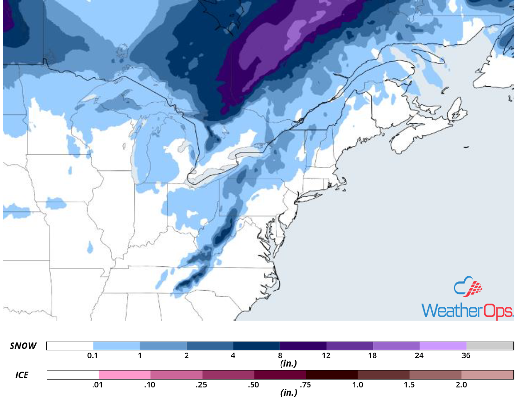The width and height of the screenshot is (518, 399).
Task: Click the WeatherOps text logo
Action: [x=467, y=310]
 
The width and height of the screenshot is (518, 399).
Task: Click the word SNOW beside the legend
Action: [x=23, y=346]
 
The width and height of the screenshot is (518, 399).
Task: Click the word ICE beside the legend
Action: [x=20, y=375]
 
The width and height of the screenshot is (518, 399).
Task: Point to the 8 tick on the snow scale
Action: [x=280, y=355]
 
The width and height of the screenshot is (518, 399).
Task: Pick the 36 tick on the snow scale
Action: [x=466, y=355]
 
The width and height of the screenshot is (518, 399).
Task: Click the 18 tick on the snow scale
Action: [x=373, y=355]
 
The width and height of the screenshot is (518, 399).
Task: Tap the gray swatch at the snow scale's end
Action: [x=490, y=346]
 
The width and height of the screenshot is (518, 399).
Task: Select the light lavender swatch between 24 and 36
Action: [x=443, y=346]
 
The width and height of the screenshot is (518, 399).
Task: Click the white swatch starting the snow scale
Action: [x=70, y=346]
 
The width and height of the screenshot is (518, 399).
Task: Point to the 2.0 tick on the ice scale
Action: [x=461, y=385]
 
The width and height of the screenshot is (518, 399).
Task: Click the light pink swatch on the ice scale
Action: [x=125, y=374]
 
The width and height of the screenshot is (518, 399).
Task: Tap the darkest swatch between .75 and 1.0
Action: [x=332, y=374]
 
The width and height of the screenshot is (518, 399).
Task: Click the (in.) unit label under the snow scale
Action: [x=288, y=364]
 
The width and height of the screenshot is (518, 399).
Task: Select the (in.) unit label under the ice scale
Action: [x=288, y=393]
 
